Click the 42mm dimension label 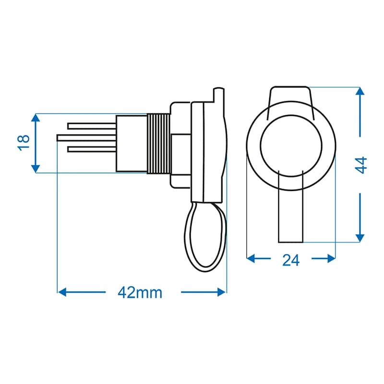click(140, 292)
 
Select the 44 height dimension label click(361, 164)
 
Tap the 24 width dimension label click(291, 260)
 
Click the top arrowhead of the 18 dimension click(36, 118)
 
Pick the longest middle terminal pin click(86, 137)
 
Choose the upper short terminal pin click(91, 126)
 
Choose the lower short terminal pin click(91, 149)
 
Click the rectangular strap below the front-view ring click(291, 216)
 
